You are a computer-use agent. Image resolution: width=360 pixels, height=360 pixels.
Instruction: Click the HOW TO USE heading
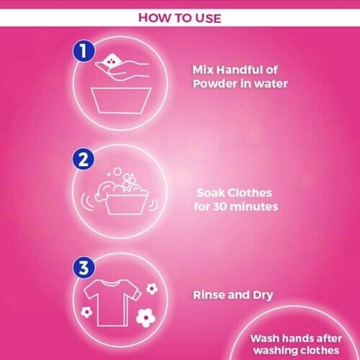point(179,17)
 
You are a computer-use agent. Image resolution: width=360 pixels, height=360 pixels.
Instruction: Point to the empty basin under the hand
point(119,99)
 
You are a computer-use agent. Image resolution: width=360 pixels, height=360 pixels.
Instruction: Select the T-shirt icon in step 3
point(109,297)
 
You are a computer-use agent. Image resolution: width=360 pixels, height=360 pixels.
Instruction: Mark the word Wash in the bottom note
point(264,338)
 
